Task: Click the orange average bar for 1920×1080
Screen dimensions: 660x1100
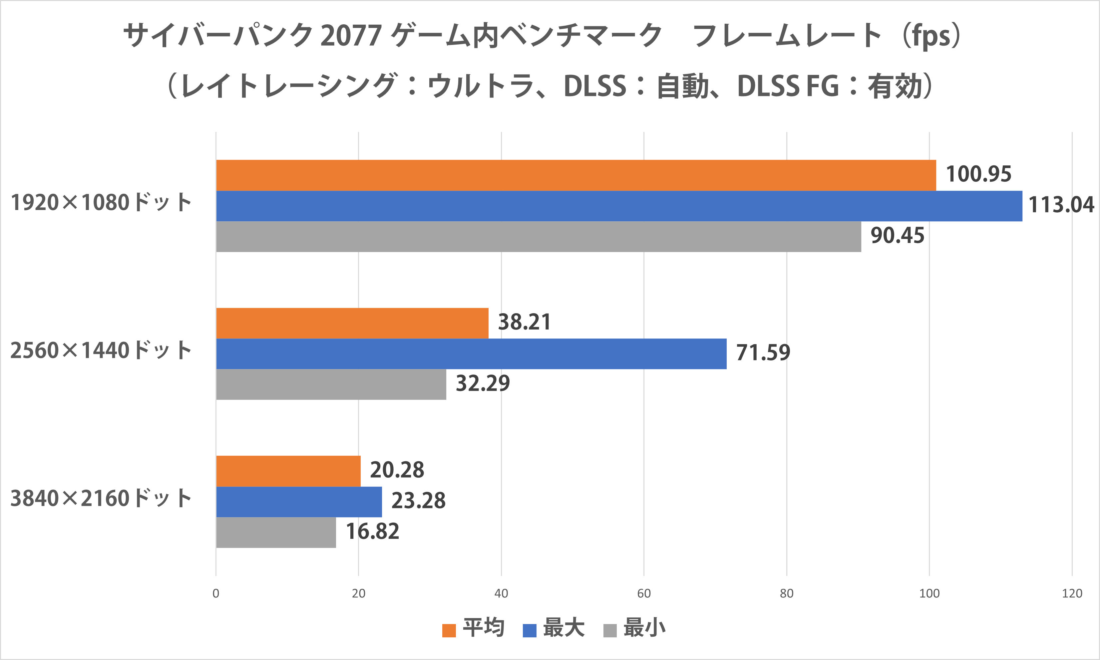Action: tap(576, 175)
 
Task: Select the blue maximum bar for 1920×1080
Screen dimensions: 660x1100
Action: tap(619, 206)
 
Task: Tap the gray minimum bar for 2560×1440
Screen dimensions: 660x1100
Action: tap(331, 384)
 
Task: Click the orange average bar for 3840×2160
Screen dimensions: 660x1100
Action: tap(288, 471)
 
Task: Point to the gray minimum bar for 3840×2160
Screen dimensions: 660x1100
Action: tap(276, 532)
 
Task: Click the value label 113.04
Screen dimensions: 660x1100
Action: tap(1061, 205)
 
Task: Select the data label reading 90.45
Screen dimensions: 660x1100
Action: tap(897, 236)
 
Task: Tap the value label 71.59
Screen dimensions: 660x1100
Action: tap(763, 353)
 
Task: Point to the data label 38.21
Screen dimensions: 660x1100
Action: tap(524, 322)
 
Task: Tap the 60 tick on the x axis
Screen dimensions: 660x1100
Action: tap(644, 593)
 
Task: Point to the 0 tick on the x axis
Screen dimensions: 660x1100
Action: tap(216, 593)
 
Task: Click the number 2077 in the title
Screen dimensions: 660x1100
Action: tap(351, 36)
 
